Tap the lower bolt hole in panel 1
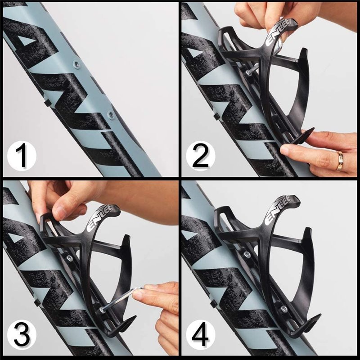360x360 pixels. [x=109, y=115]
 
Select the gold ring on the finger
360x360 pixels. [x=340, y=161]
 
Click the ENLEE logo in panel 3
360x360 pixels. [x=105, y=218]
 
